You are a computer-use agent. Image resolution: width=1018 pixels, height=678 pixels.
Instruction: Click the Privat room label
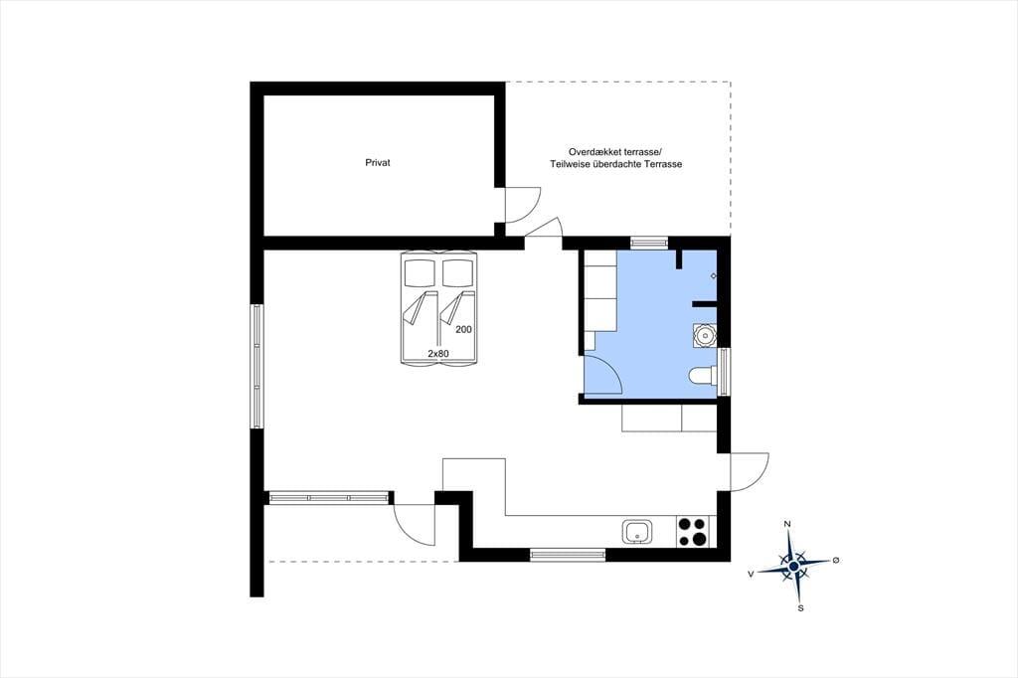coord(377,163)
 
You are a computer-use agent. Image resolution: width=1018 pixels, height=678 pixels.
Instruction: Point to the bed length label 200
coord(463,329)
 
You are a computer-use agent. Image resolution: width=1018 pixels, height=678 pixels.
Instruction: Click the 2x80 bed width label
coord(438,353)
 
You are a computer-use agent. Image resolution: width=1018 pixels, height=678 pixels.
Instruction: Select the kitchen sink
coord(637,532)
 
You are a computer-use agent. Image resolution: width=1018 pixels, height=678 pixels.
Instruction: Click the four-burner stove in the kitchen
coord(692,531)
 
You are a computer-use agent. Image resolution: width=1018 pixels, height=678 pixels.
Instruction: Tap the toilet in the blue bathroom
coord(702,376)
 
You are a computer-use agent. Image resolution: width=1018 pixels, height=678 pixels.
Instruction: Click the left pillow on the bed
coord(419,272)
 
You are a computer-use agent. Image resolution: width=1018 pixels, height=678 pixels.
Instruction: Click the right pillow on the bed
coord(457,272)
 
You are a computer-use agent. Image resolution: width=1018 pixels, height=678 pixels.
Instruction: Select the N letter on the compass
coord(787,524)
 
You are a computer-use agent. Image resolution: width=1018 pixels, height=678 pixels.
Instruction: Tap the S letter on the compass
coord(801,608)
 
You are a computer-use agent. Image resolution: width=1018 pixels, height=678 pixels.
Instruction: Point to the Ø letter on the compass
coord(835,560)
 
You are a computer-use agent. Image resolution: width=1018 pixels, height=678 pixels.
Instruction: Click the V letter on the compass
coord(751,574)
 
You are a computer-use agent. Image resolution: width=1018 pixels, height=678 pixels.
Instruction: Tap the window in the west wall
coord(257,366)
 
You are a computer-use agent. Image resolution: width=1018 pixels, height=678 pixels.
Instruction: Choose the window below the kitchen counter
coord(568,556)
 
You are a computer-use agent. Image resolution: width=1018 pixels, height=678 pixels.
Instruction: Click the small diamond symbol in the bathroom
coord(713,276)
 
